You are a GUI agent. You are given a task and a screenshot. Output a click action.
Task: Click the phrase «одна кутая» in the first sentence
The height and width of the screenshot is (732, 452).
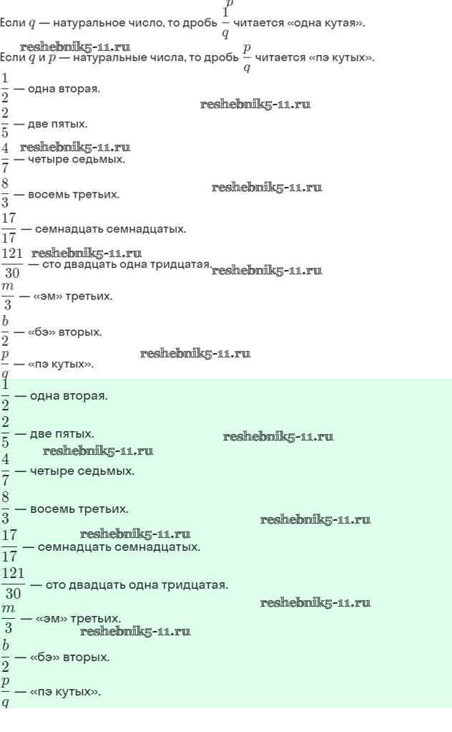point(334,23)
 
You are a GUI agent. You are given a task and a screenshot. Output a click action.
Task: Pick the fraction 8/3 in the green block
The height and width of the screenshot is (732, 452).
point(5,508)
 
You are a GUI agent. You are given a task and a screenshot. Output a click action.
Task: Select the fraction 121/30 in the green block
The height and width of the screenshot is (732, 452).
point(14,584)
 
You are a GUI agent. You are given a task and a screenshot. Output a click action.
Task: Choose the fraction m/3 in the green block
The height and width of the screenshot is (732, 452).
point(8,618)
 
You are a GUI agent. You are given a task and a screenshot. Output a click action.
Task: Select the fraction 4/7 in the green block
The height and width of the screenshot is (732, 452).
point(5,470)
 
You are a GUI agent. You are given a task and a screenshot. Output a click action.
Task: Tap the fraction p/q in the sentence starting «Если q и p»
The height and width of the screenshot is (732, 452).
point(247,57)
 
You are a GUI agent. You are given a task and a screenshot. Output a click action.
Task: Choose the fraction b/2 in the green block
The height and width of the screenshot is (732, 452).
point(5,655)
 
